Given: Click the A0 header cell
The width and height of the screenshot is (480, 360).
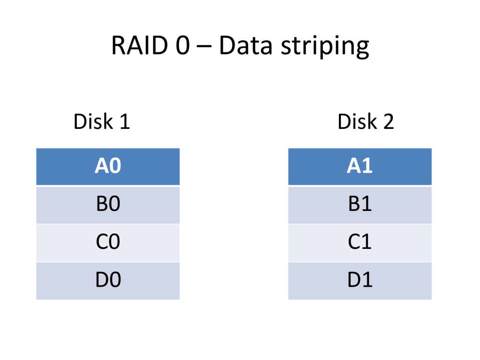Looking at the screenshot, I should [108, 166].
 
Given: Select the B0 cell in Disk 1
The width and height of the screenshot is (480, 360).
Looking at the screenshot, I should [108, 205].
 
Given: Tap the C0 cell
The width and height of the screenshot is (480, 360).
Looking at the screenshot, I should [108, 242].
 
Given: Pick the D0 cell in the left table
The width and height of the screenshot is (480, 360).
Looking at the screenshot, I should [108, 280].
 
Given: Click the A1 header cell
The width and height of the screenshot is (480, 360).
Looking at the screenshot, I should [360, 166].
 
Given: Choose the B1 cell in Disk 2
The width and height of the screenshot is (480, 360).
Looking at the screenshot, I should [360, 205].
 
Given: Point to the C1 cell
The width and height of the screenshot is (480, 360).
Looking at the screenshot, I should [360, 242].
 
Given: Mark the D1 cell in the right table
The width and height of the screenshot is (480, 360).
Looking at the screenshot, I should [360, 280].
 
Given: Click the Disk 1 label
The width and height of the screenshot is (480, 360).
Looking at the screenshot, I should [101, 122].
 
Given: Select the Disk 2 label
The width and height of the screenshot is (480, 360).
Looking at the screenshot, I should [366, 122].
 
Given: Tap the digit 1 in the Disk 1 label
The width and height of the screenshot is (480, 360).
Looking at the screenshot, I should [124, 122].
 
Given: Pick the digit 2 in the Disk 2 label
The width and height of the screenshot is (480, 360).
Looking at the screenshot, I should [389, 122].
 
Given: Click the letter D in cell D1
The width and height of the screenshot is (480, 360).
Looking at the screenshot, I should [354, 280].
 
